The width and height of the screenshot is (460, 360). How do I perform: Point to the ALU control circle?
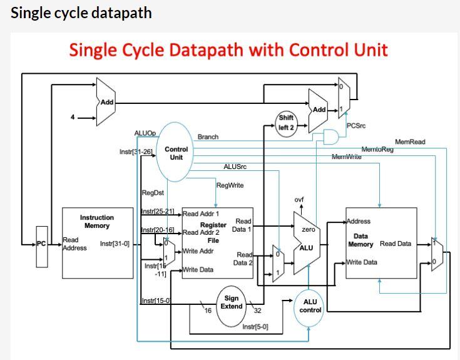coord(310,306)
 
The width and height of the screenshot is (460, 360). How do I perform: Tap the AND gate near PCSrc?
coord(330,136)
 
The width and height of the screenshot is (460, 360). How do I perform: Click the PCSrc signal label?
coord(355,126)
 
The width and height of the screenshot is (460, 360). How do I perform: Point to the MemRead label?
coord(409,142)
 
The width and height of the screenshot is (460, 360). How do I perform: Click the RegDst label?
coord(152,193)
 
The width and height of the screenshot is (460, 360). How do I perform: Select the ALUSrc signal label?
coord(235,167)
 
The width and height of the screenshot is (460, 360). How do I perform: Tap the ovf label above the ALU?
coord(299,200)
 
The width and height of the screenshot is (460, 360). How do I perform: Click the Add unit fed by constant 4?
coord(105,102)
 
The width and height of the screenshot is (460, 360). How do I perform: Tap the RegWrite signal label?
coord(230,185)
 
